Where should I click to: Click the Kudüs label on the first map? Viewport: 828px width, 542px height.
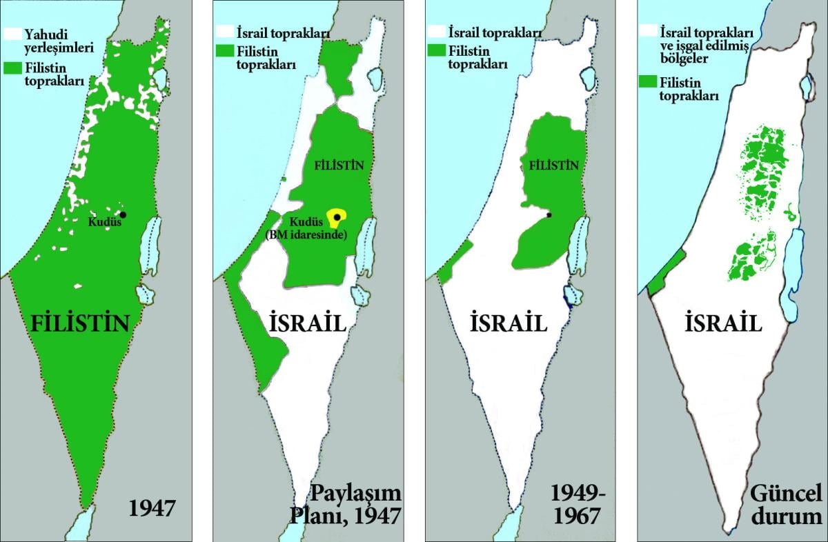(103, 222)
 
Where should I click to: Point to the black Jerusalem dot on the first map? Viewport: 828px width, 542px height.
(124, 214)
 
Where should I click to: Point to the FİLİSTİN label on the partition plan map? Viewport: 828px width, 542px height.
(339, 166)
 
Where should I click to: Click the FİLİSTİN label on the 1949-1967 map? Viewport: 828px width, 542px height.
(553, 166)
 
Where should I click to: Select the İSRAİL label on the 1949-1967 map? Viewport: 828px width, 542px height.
(509, 322)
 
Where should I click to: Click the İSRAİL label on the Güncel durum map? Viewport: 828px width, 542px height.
(724, 322)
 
